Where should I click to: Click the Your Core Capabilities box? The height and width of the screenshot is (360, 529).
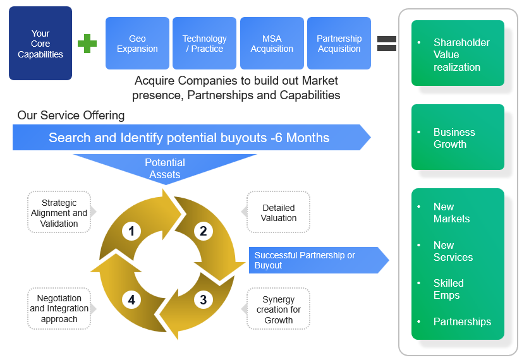(x=40, y=44)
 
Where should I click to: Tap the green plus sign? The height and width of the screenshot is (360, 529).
(x=87, y=44)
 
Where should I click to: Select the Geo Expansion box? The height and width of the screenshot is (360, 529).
(x=137, y=44)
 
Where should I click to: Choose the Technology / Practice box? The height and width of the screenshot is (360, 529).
(x=204, y=44)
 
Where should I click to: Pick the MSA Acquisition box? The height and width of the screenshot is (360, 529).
(x=272, y=44)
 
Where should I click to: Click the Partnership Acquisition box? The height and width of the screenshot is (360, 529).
(x=339, y=44)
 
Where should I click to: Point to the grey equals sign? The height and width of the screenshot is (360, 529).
(x=387, y=44)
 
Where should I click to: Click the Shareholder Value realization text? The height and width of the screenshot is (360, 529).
(x=461, y=55)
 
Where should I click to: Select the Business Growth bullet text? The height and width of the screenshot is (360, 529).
(x=454, y=138)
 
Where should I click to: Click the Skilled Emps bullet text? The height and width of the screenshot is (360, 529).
(x=448, y=289)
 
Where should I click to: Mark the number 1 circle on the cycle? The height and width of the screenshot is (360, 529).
(x=131, y=231)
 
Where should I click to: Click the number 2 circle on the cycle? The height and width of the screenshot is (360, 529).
(x=203, y=231)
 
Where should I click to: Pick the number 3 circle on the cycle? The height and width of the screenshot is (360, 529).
(x=203, y=300)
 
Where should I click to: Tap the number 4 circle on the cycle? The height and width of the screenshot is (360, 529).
(x=131, y=300)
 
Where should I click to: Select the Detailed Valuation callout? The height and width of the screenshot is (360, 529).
(x=278, y=213)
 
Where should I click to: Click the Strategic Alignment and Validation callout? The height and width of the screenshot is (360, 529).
(x=59, y=213)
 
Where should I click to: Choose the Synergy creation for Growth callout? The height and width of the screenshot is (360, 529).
(x=278, y=309)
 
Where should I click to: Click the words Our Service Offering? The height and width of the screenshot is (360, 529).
(x=71, y=116)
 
